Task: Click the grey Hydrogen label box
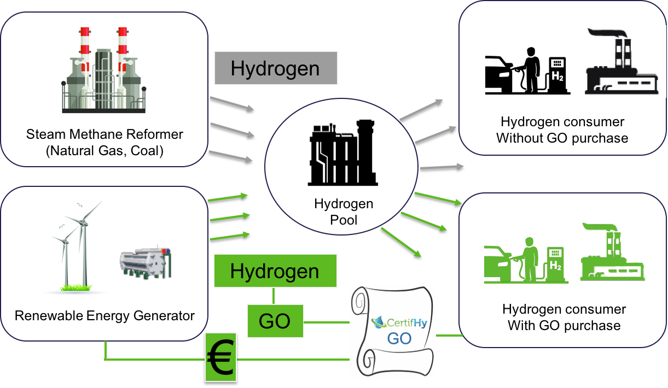275,68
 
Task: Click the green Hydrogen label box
275,271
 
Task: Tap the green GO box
275,321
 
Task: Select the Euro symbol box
220,357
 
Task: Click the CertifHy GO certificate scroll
392,331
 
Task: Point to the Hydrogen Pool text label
344,211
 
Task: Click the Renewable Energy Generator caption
104,315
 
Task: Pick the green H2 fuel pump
555,264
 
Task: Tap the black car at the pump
498,75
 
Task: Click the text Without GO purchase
562,138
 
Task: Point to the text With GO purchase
564,326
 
